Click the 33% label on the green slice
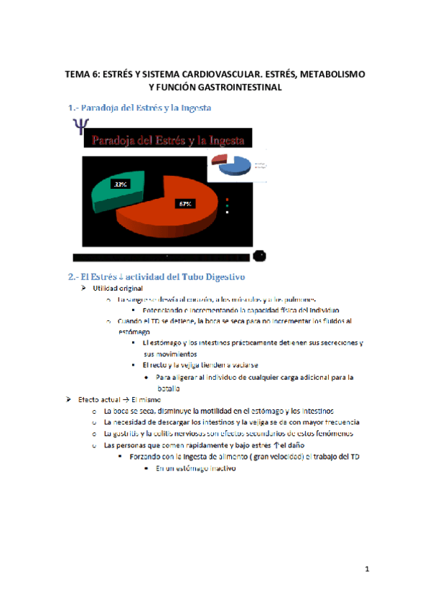(120, 185)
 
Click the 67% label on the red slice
(185, 204)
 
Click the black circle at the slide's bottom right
(261, 256)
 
